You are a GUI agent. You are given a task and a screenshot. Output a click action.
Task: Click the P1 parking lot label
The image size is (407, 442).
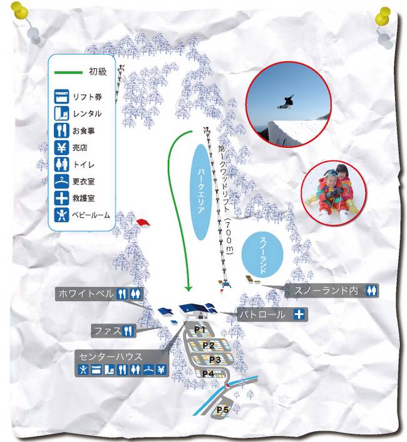click(x=200, y=329)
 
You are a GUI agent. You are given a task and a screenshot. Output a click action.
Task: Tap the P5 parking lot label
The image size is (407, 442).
click(x=222, y=409)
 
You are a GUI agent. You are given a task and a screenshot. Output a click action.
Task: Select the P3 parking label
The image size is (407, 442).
click(x=215, y=360)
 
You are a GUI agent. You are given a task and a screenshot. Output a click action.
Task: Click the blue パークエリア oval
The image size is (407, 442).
click(x=200, y=192)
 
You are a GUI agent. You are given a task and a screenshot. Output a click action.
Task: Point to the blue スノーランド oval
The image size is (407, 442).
click(x=262, y=255)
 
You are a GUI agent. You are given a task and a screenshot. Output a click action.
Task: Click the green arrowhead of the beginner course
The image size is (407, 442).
click(x=188, y=289)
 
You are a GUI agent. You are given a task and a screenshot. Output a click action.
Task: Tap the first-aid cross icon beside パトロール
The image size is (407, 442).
click(x=299, y=314)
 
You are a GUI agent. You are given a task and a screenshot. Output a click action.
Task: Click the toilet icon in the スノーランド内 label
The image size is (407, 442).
click(x=371, y=290)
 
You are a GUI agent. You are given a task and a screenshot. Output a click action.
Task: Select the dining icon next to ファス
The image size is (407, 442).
click(x=128, y=331)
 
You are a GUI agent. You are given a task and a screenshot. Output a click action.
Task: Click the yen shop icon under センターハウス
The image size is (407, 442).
click(x=161, y=369)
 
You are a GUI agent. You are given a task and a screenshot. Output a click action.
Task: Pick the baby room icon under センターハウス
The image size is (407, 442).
click(x=83, y=369)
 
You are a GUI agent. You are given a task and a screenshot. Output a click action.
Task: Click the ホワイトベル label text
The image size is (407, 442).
click(x=86, y=294)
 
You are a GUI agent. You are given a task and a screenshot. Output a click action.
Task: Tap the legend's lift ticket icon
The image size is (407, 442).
click(x=61, y=97)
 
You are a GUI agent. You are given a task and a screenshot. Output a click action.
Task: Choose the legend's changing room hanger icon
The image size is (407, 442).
click(x=61, y=182)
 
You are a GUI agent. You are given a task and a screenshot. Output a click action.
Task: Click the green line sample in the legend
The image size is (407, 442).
click(x=68, y=73)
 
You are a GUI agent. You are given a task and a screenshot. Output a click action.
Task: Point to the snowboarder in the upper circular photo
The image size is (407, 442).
click(x=286, y=102)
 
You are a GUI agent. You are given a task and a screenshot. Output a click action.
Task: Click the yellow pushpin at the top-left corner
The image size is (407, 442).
click(x=19, y=11)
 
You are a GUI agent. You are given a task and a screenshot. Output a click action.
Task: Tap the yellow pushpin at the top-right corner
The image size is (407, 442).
click(x=383, y=16)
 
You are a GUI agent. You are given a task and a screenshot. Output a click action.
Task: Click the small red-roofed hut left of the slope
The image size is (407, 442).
click(x=143, y=223)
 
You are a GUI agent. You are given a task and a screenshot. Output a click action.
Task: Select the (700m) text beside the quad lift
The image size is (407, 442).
click(x=229, y=236)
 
